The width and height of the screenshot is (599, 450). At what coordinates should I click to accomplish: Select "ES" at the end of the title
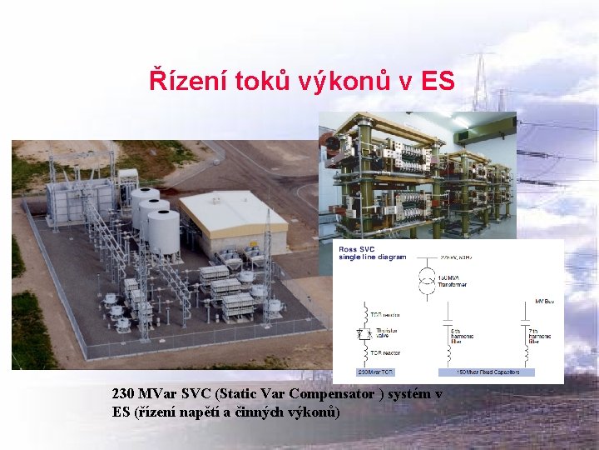point(438,81)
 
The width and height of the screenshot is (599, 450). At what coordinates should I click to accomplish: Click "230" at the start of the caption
point(124,393)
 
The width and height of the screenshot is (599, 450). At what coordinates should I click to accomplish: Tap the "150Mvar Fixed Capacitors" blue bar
point(486,372)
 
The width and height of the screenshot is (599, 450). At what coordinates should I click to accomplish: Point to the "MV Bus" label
point(543,301)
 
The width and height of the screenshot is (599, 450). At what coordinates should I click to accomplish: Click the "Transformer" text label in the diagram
point(454,284)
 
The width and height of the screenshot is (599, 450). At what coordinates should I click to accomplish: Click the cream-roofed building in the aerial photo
point(233,218)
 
